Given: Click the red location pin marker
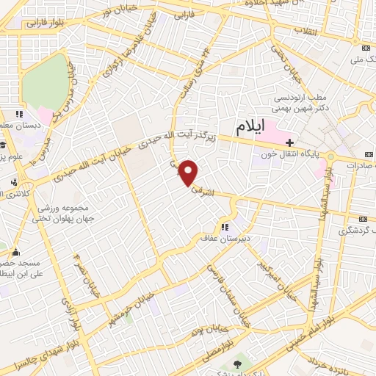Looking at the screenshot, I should (x=190, y=173).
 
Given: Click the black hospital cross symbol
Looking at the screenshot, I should (x=291, y=142).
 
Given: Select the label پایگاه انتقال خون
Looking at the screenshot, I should (x=289, y=156).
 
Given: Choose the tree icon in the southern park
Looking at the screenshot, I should (x=236, y=364).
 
